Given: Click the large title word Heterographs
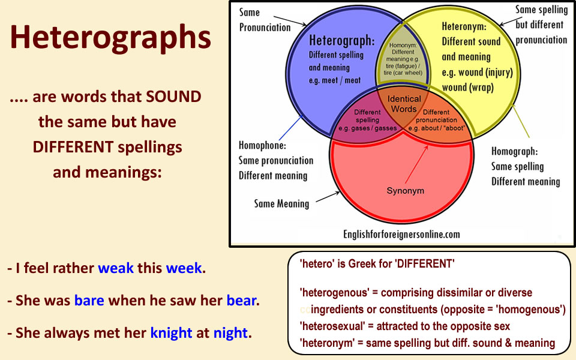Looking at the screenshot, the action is coord(110,38).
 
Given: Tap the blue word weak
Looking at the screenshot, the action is coord(116,268).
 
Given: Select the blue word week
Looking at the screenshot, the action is coord(184,268).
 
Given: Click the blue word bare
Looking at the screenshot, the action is coord(89,301).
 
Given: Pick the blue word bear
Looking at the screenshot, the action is coord(241,301).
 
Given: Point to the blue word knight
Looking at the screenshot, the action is coord(171,333).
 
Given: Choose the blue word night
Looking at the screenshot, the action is coord(230,333).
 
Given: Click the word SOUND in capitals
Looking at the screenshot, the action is coord(173,97).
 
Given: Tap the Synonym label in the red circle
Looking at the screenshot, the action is coord(405,191).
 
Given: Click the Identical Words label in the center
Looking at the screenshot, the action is coord(404,104).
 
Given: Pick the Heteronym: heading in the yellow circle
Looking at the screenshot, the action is coord(464,26).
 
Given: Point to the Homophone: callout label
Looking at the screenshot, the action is coord(262,145).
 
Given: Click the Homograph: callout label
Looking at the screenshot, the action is coord(514,151).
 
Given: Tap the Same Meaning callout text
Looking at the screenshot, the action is coord(281,203).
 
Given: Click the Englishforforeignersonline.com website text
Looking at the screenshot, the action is coord(401,235).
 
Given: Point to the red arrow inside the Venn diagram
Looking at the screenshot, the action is coord(417,164).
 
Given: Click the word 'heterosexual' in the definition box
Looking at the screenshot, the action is coord(332,326).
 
